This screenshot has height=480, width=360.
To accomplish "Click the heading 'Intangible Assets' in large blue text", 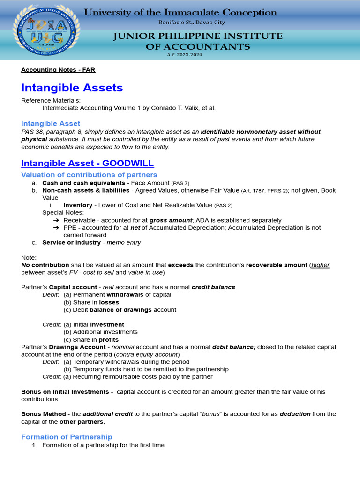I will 72,88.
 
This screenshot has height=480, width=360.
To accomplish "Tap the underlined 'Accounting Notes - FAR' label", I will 58,70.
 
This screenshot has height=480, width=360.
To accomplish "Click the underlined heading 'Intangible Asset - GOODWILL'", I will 87,163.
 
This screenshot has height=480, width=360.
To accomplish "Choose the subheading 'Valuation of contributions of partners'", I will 89,175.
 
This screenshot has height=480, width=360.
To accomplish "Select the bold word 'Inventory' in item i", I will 78,205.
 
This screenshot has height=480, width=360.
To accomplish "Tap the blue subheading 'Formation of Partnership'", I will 67,437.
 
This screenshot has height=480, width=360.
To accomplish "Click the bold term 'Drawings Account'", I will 82,347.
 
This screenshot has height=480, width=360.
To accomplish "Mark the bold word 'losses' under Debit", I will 109,302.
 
